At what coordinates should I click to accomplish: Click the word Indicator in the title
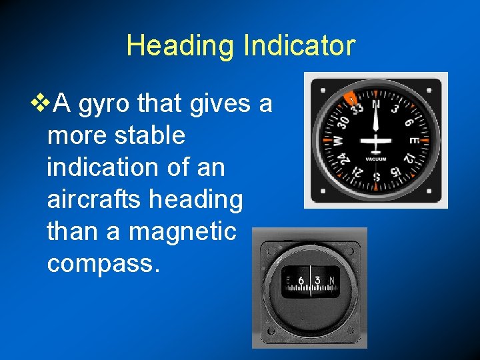click(x=300, y=46)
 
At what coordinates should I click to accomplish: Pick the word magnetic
click(x=182, y=231)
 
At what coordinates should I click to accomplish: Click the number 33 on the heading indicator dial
click(x=357, y=109)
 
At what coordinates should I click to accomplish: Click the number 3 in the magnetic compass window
click(x=318, y=281)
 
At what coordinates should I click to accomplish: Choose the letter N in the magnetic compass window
click(x=332, y=281)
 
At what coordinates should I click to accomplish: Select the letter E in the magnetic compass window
click(x=288, y=281)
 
